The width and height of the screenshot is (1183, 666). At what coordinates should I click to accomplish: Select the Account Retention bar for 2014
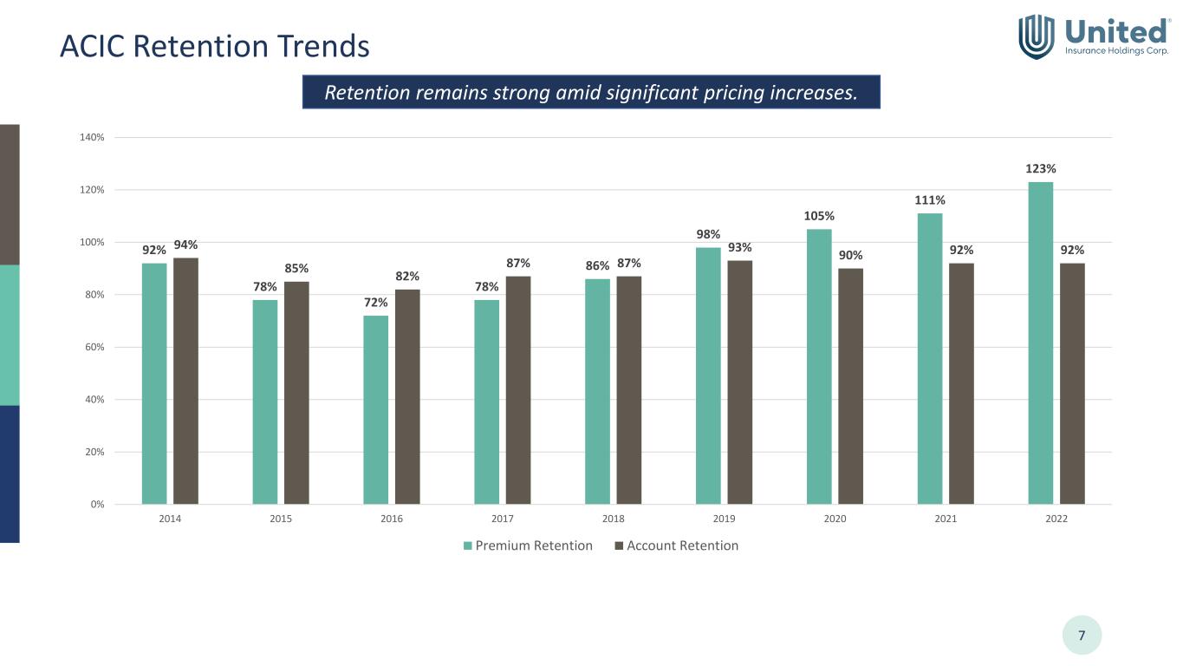pos(185,381)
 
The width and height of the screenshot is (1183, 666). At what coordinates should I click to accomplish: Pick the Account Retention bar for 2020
pos(850,386)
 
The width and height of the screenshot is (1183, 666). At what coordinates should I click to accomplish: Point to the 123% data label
pos(1040,169)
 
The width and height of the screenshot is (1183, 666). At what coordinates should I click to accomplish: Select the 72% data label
pos(375,303)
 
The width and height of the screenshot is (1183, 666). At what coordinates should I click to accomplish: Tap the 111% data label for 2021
pos(929,200)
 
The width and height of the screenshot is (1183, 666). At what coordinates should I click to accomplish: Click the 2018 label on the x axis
pos(613,519)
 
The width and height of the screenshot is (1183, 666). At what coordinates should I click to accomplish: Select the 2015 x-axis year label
pos(280,519)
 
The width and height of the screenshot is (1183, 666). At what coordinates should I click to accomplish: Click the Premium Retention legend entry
pos(528,545)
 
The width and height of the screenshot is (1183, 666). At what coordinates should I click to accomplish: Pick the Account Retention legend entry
pos(676,545)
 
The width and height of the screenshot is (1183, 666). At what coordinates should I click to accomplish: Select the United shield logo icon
pos(1036,37)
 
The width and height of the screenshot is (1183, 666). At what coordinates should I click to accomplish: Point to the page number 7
pos(1081,636)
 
